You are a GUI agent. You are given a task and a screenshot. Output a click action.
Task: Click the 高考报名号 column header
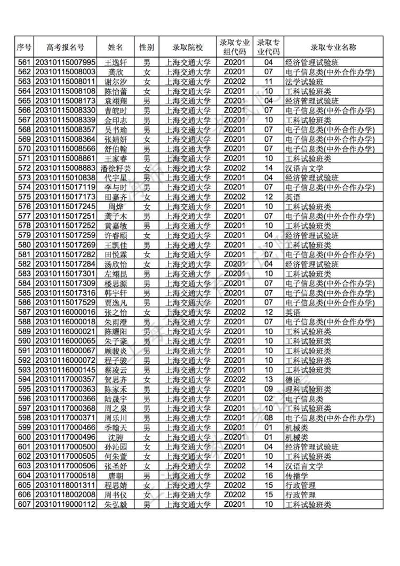[65, 46]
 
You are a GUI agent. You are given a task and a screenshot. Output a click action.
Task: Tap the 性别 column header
[147, 46]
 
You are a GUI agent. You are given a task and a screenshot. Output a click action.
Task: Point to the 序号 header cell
[24, 46]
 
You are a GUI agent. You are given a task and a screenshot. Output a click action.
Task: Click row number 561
[24, 62]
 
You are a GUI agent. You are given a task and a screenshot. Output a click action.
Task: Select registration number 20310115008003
[65, 71]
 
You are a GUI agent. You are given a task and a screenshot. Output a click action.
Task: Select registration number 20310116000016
[65, 312]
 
